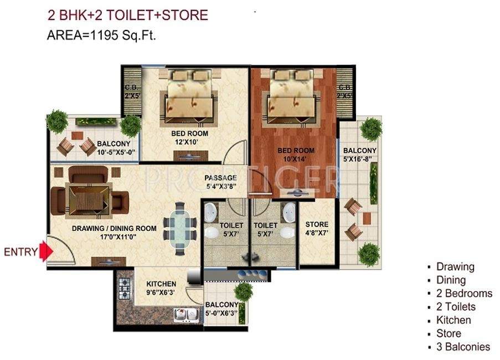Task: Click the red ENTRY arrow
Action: coord(47,252)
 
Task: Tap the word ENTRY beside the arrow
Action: coord(21,253)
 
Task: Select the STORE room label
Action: coord(317,225)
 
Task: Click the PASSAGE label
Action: coord(220,178)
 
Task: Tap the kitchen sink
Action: coord(187,315)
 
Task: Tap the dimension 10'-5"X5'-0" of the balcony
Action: coord(111,153)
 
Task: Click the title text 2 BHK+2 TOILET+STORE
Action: coord(127,14)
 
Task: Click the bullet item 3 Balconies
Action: coord(463,347)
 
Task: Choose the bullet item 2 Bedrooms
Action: coord(464,294)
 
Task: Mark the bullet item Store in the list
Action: coord(449,333)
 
